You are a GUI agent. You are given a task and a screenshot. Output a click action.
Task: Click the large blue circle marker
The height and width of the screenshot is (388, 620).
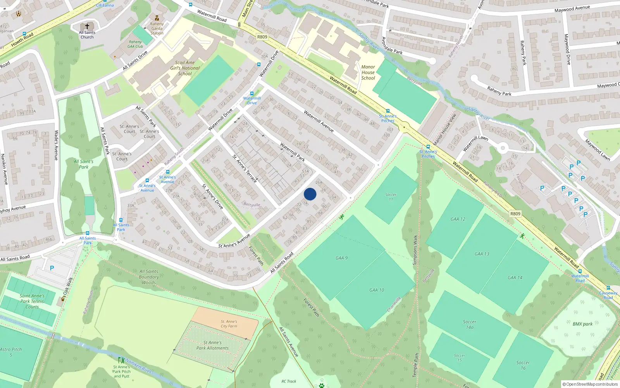[x=310, y=194]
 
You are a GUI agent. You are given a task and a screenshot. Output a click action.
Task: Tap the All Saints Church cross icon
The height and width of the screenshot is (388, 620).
[x=87, y=26]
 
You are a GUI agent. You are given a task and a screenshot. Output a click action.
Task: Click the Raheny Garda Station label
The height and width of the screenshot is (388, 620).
[x=157, y=28]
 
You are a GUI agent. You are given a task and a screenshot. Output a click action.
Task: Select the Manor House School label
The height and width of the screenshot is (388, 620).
[x=368, y=73]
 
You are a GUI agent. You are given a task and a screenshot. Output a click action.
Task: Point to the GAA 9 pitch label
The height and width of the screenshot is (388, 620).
[x=341, y=258]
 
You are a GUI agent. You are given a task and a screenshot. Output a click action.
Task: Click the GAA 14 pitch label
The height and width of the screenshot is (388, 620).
[x=515, y=277]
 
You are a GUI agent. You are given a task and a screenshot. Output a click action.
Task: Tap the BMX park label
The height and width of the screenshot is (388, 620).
[x=582, y=324]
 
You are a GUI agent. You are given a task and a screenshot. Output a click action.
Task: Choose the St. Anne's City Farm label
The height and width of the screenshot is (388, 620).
[x=229, y=324]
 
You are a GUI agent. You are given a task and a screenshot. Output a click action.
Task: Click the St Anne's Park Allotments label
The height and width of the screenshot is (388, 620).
[x=212, y=345]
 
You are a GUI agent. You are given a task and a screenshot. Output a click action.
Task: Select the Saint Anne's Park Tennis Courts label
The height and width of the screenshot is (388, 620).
[x=32, y=301]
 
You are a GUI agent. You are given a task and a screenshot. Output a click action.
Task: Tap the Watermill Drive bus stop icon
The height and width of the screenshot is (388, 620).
[x=252, y=94]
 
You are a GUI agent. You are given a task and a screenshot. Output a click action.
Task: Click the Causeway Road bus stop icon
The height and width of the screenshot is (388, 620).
[x=608, y=288]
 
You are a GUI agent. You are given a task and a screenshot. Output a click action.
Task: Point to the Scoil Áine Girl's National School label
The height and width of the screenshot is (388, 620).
[x=185, y=68]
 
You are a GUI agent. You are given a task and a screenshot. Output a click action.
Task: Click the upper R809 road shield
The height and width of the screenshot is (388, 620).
[x=262, y=37]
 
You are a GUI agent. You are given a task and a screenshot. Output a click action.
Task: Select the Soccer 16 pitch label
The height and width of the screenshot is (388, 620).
[x=523, y=365]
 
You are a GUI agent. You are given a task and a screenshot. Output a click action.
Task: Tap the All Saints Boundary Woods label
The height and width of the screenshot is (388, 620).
[x=149, y=277]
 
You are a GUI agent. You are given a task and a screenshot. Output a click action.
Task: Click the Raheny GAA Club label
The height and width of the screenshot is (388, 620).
[x=135, y=44]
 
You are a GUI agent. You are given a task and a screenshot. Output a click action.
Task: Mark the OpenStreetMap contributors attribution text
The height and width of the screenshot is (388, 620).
[x=590, y=385]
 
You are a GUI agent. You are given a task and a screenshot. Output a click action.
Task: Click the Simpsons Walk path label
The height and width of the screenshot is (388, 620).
[x=415, y=250]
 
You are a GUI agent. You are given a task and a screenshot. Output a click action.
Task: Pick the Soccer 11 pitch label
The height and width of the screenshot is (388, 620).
[x=391, y=197]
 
